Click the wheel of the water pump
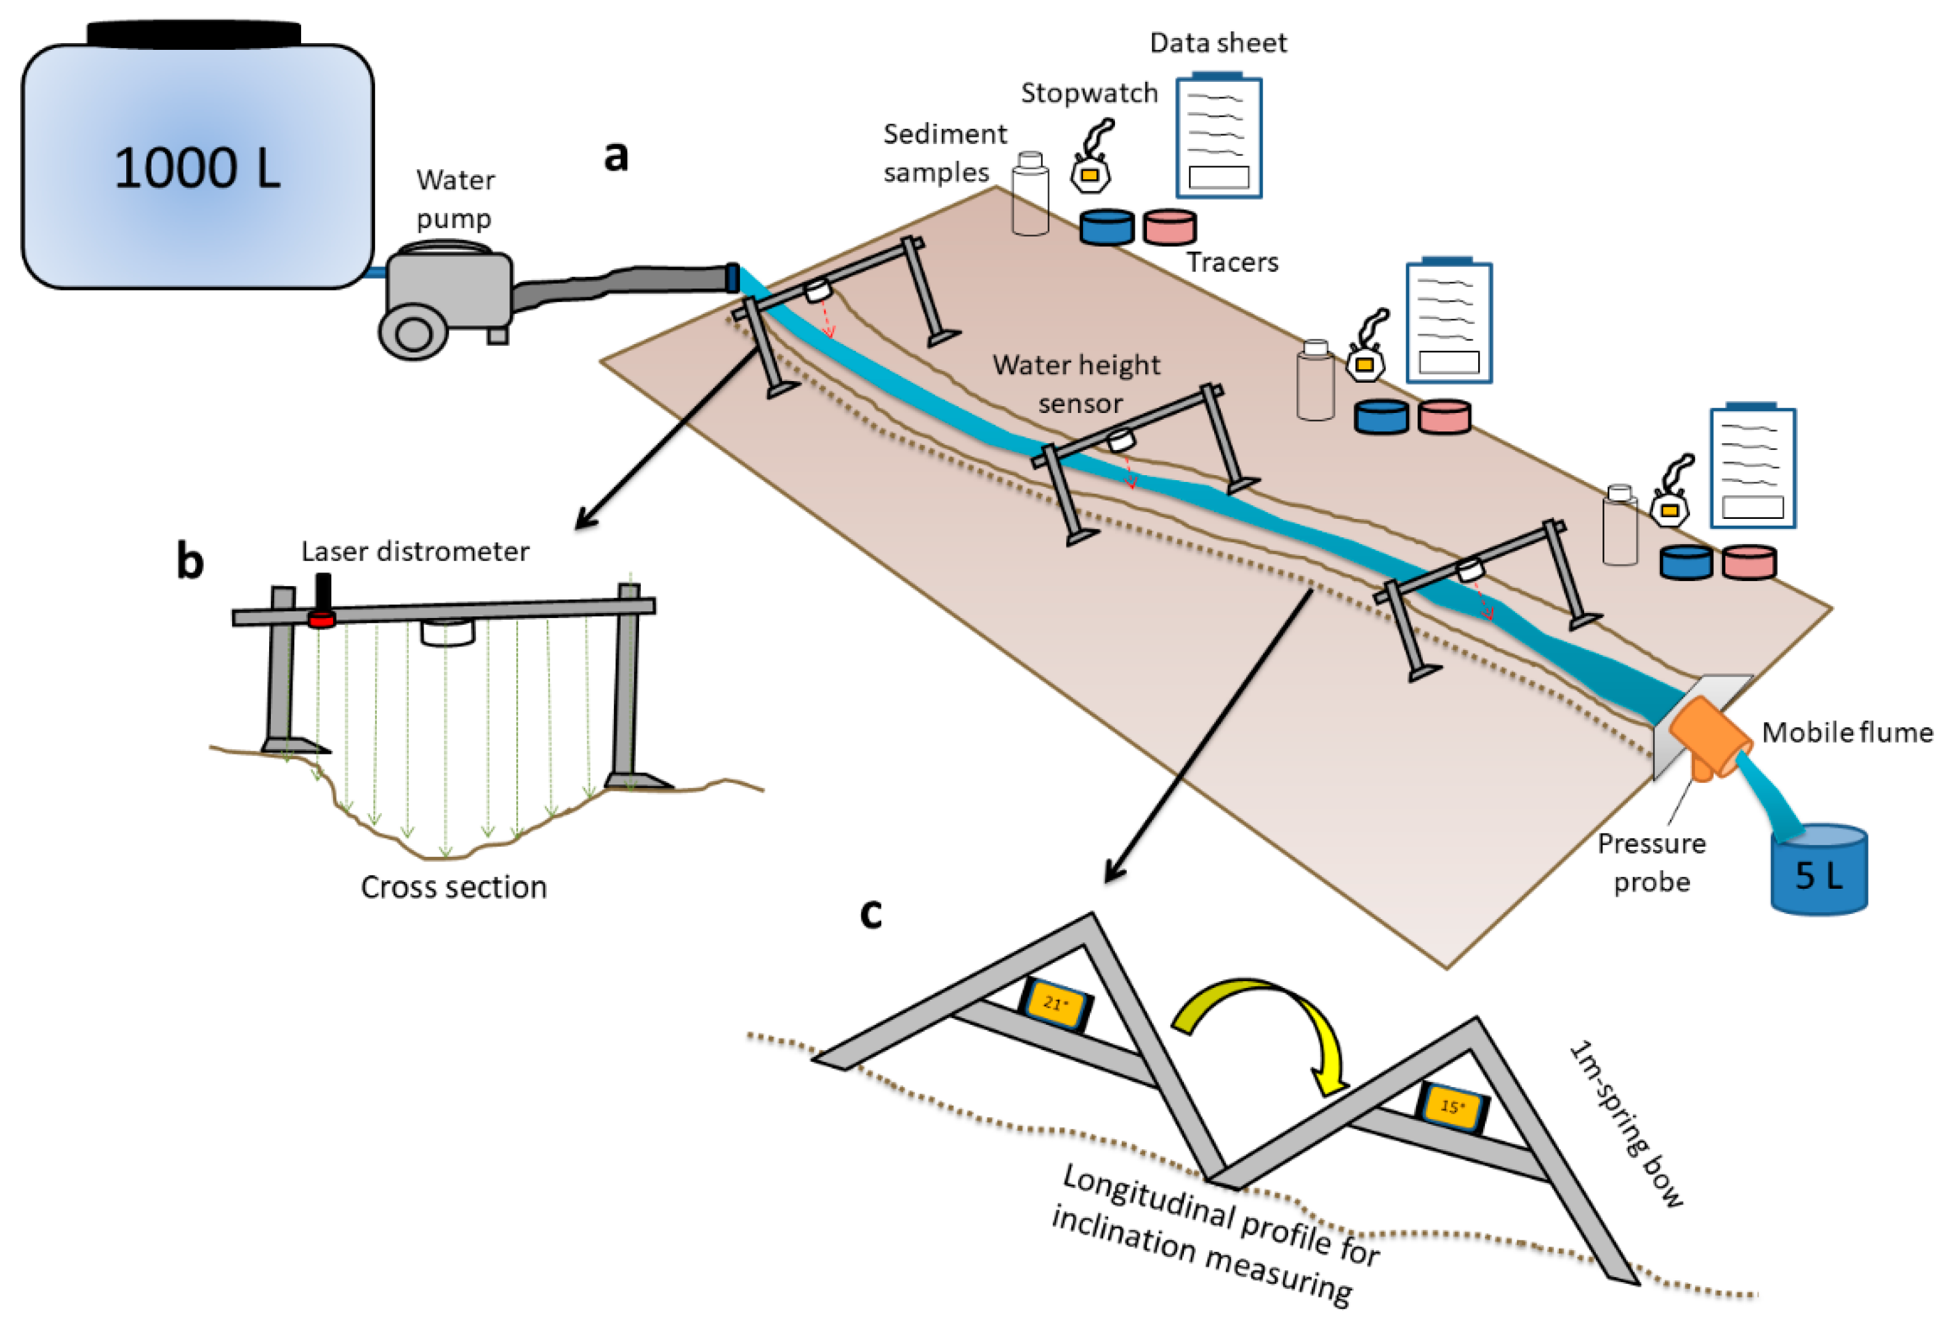coord(413,333)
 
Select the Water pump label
coord(455,199)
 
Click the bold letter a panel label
coord(616,155)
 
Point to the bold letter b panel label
coord(190,561)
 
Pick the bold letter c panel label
coord(871,913)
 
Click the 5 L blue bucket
coord(1818,872)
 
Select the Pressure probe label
coord(1651,862)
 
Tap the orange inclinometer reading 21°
coord(1055,1003)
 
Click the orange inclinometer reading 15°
coord(1452,1107)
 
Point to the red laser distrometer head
coord(321,619)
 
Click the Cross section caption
coord(454,887)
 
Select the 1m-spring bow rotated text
coord(1625,1124)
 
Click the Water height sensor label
coord(1077,384)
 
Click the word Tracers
coord(1232,262)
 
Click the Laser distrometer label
coord(415,552)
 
